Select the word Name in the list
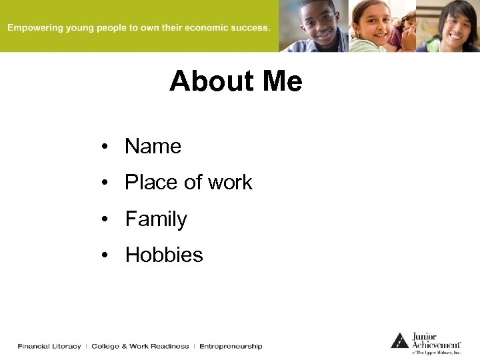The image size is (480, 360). [153, 147]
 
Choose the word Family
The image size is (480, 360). [156, 219]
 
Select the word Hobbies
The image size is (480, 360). [164, 255]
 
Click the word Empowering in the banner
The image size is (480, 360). [35, 28]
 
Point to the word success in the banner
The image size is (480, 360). [249, 28]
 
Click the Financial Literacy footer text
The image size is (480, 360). [49, 347]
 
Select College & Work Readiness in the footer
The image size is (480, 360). [140, 347]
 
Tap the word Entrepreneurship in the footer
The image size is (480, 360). [231, 347]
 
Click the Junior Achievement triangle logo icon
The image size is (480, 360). [399, 341]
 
